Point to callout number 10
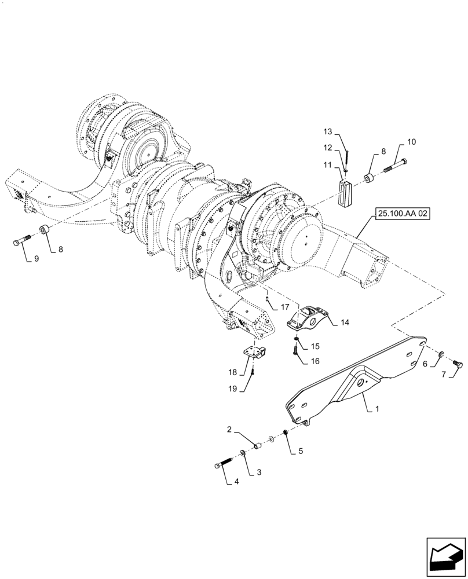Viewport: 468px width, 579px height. [412, 142]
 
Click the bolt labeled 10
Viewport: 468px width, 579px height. [396, 166]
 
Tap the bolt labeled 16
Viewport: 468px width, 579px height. [296, 349]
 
